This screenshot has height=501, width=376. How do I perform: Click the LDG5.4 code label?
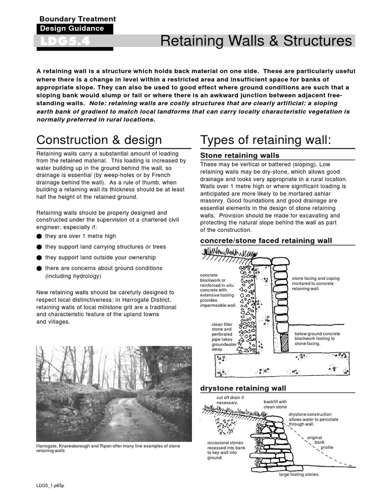(x=62, y=42)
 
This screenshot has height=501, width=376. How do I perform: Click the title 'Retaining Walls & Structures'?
(x=256, y=41)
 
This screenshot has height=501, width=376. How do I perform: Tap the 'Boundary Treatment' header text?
(x=77, y=19)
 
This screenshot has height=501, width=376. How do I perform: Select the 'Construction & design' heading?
(x=99, y=140)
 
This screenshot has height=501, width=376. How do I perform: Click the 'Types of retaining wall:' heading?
(x=266, y=140)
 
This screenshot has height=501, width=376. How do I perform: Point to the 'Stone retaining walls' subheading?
(x=240, y=156)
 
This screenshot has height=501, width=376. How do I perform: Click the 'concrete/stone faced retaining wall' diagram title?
(x=266, y=241)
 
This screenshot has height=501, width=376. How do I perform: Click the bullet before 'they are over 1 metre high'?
(x=39, y=236)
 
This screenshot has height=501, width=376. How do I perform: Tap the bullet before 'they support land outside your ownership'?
(x=39, y=258)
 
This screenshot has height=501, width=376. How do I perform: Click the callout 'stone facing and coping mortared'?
(x=315, y=283)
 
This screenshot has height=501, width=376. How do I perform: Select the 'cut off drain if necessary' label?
(x=227, y=400)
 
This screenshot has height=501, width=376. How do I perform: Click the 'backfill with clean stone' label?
(x=275, y=404)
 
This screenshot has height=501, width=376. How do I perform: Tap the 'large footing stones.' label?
(x=299, y=475)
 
